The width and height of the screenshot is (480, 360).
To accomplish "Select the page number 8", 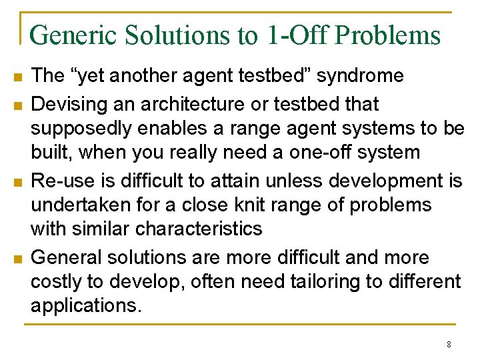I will point(449,345).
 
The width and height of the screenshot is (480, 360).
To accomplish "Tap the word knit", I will point(273,205).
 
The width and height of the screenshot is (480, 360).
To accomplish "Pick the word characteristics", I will point(199,229).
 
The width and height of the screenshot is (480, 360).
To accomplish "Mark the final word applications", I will point(86,305).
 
